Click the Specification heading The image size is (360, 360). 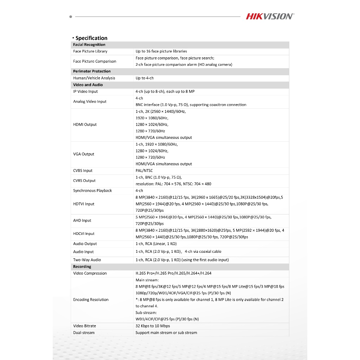point(91,38)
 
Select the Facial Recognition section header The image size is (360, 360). point(89,45)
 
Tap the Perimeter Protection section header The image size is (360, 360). point(92,71)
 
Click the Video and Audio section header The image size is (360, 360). point(88,85)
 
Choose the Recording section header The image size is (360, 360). point(82,266)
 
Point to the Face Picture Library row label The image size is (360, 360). point(90,51)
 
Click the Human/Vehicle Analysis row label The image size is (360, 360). point(94,78)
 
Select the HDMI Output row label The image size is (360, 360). point(85,124)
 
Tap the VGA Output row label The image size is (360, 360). point(84,154)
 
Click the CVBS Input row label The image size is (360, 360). point(83,171)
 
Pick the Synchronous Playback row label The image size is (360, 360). point(92,191)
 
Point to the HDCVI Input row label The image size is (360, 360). point(84,233)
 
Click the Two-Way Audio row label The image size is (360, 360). point(87,260)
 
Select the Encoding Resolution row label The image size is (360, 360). point(91,300)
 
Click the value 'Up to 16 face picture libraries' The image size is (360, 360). point(161,51)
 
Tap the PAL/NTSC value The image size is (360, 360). point(144,171)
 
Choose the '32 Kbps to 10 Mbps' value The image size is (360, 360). point(153,326)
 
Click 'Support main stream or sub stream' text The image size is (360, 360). point(166,333)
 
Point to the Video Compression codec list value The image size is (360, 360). point(174,273)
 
